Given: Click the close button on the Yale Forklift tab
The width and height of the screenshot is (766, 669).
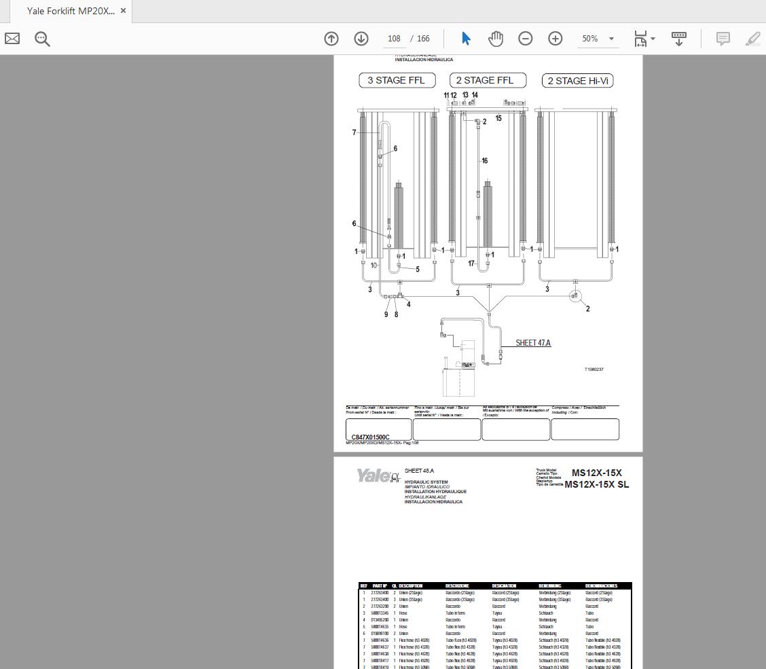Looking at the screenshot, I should tap(123, 11).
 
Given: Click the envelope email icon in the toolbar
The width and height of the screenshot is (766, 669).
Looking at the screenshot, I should tap(12, 39).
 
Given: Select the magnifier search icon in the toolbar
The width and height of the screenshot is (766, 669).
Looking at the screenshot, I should tap(42, 39).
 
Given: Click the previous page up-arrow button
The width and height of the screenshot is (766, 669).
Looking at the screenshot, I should tap(331, 39).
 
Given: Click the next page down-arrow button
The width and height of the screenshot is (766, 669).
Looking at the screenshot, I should tap(361, 39).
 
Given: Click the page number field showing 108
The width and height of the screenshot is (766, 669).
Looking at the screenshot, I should tap(394, 39).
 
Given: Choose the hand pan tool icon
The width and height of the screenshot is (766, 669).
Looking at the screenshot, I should tap(496, 39).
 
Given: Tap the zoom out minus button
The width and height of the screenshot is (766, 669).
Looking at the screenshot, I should tap(526, 39).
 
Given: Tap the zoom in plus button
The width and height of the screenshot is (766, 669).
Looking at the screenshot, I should tap(555, 39).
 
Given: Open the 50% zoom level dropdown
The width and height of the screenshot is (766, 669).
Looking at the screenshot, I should tap(598, 39).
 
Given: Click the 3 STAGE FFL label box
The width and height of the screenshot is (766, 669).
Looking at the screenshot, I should tap(396, 80).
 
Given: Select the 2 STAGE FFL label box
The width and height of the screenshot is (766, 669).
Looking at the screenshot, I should tap(485, 80).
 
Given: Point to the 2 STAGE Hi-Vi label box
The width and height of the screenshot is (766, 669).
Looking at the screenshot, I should tap(578, 81).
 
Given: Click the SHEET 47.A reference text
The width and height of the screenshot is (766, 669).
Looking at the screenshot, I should tap(533, 343).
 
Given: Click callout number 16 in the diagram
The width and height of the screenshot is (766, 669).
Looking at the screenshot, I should tap(484, 161).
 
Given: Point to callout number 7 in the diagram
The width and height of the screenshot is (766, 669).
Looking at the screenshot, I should tap(354, 132).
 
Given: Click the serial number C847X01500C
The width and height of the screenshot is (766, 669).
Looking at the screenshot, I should tap(370, 437).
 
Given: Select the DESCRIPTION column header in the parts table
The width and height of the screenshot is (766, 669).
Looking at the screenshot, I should tap(410, 585).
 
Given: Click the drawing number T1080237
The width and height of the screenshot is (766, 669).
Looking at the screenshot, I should tap(594, 369).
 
